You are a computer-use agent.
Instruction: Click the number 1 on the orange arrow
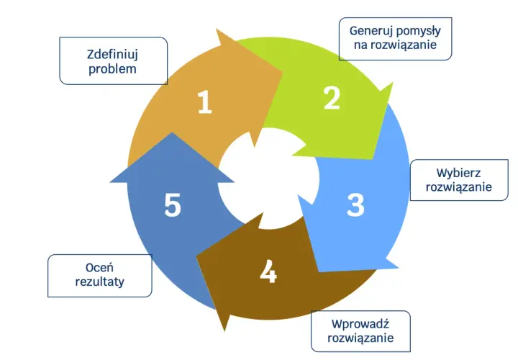pyautogui.click(x=204, y=102)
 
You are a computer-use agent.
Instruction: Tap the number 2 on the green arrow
pyautogui.click(x=332, y=97)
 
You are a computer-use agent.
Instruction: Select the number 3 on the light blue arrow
pyautogui.click(x=355, y=205)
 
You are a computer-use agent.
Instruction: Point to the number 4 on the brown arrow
pyautogui.click(x=268, y=271)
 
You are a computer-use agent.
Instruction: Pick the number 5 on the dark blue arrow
pyautogui.click(x=173, y=205)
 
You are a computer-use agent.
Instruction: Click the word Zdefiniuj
pyautogui.click(x=112, y=54)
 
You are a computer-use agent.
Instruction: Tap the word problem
pyautogui.click(x=112, y=69)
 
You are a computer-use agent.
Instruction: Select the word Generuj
pyautogui.click(x=371, y=31)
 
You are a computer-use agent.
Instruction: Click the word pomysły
pyautogui.click(x=418, y=31)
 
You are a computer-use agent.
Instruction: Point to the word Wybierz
pyautogui.click(x=458, y=173)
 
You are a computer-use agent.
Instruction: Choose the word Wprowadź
pyautogui.click(x=360, y=323)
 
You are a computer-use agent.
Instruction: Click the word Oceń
pyautogui.click(x=99, y=267)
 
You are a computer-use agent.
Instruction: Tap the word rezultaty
pyautogui.click(x=100, y=282)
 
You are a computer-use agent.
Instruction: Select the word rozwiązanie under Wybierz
pyautogui.click(x=458, y=187)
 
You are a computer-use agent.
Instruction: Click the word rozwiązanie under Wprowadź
pyautogui.click(x=360, y=338)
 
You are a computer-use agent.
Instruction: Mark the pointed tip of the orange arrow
pyautogui.click(x=283, y=73)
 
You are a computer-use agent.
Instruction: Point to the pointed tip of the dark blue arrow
pyautogui.click(x=172, y=132)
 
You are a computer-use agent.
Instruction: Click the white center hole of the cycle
pyautogui.click(x=268, y=179)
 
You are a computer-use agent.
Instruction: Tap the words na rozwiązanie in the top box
pyautogui.click(x=395, y=45)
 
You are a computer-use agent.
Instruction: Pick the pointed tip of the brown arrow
pyautogui.click(x=196, y=257)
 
